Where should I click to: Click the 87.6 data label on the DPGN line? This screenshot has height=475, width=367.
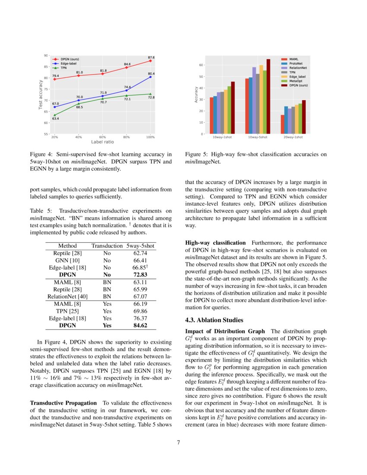click(x=151, y=57)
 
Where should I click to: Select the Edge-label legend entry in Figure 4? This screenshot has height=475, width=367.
click(x=66, y=63)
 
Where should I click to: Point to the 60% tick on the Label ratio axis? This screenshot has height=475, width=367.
click(x=102, y=137)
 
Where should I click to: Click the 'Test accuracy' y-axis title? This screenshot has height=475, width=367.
click(x=41, y=95)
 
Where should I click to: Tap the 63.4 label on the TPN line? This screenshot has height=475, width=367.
click(x=55, y=118)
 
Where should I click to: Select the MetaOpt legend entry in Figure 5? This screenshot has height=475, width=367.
click(x=296, y=81)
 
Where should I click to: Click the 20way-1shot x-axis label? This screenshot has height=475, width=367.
click(x=293, y=137)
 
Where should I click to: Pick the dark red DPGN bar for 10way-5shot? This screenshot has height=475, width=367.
click(x=268, y=96)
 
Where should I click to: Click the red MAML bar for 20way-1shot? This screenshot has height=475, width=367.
click(x=282, y=124)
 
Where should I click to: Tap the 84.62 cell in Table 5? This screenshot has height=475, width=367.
click(x=140, y=326)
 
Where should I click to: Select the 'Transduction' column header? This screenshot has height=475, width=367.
click(x=107, y=246)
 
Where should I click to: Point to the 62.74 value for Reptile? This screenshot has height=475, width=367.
click(x=140, y=253)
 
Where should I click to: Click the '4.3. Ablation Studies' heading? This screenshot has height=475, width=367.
click(x=214, y=320)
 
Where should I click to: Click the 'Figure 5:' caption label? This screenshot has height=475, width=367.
click(x=196, y=154)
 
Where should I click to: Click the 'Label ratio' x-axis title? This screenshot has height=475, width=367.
click(x=102, y=142)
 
